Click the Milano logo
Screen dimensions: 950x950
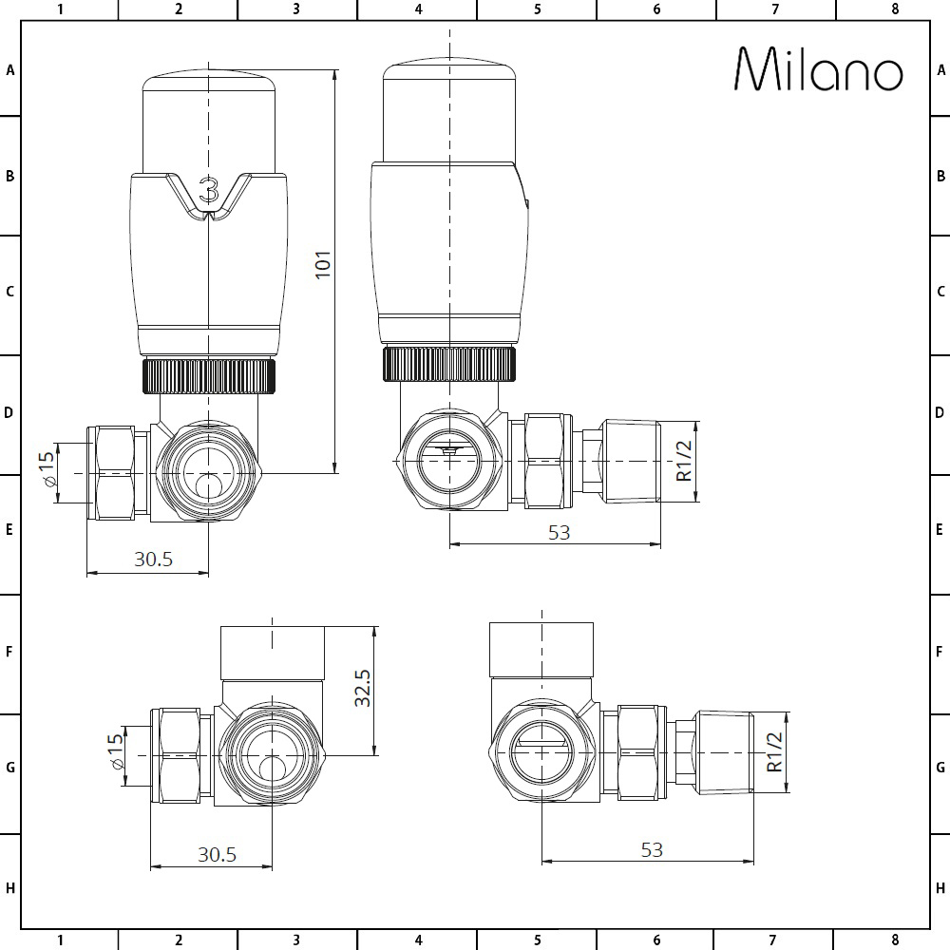tap(819, 69)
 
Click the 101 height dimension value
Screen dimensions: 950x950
tap(323, 264)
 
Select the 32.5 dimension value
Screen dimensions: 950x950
tap(363, 687)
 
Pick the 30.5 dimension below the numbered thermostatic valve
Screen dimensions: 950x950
tap(153, 559)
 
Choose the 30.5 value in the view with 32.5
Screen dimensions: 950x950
tap(217, 854)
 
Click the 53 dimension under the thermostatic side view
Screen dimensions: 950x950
tap(560, 532)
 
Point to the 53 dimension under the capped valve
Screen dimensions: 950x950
tap(652, 849)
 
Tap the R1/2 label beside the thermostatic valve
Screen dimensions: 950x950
tap(684, 461)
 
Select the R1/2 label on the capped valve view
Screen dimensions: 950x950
tap(775, 751)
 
